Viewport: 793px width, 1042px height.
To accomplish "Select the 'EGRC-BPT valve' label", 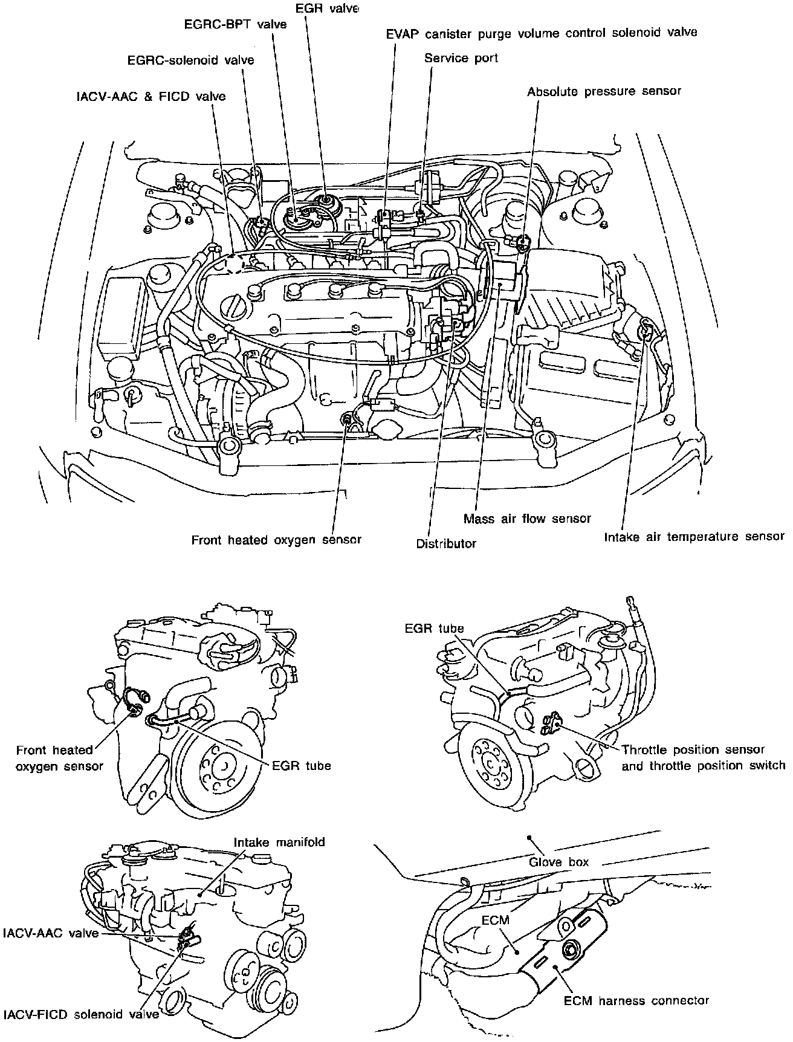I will (x=235, y=25).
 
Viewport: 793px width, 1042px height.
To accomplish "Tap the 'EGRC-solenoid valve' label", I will (x=190, y=60).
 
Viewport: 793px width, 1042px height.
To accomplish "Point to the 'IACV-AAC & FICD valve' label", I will (x=151, y=96).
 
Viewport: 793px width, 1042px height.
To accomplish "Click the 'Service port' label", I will (x=461, y=58).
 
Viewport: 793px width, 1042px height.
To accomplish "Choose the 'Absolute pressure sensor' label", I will (x=603, y=92).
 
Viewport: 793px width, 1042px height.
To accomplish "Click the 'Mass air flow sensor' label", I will (x=527, y=519).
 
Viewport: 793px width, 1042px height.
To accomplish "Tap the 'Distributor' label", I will (x=445, y=543).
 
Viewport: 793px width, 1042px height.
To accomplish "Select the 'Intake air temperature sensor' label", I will (x=694, y=536).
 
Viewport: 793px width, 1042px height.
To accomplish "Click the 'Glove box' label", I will (x=558, y=862).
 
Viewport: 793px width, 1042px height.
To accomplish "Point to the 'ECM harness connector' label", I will (x=636, y=1000).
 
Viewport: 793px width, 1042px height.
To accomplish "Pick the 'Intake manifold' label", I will (x=279, y=842).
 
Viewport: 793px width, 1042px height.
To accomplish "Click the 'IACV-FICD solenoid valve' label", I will (x=80, y=1014).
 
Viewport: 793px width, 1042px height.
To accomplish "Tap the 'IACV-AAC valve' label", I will (x=50, y=933).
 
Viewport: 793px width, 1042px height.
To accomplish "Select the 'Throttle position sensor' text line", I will (x=693, y=750).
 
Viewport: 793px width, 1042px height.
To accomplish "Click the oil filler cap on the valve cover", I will (x=231, y=307).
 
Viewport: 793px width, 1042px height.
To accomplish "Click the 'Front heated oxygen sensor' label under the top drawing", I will (x=276, y=540).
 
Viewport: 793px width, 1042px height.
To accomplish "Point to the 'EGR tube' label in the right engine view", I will (x=434, y=629).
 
